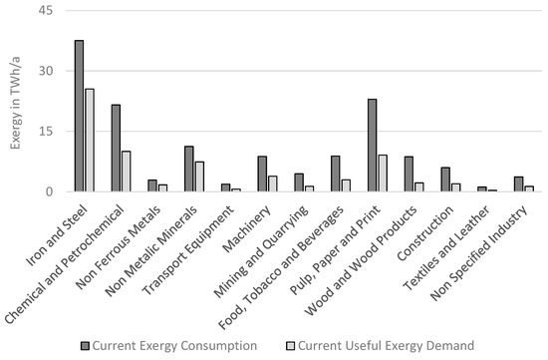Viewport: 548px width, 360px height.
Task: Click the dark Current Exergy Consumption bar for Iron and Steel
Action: [79, 116]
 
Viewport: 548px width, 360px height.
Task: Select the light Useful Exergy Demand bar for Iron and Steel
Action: [90, 140]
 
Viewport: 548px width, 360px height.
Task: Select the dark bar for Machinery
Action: [262, 174]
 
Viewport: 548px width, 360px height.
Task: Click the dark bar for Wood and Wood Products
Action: [409, 174]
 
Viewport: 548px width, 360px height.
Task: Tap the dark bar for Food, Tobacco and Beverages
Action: [335, 174]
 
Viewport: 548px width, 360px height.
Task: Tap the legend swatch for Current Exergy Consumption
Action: [88, 346]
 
